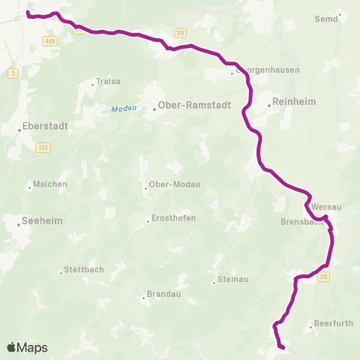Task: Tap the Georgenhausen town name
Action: pos(268,70)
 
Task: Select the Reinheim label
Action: pos(295,101)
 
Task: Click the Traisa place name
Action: pos(105,82)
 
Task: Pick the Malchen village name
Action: pos(50,184)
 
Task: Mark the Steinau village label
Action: pos(231,280)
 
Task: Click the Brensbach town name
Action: pos(301,222)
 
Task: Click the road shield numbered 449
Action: pos(50,40)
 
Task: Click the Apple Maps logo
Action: pos(27,348)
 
